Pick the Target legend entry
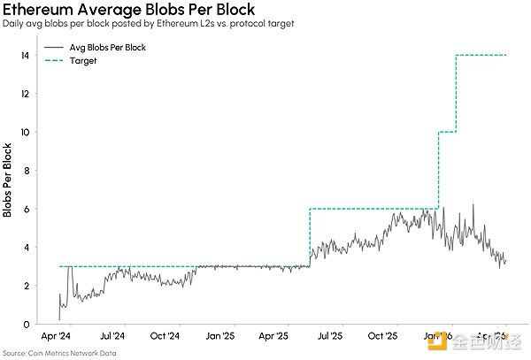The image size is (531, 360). coord(82,61)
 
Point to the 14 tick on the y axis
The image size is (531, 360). coord(28,56)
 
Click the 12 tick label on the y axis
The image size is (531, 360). coord(28,94)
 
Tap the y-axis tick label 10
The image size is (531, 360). coord(28,133)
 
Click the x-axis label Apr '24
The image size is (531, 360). coord(57,337)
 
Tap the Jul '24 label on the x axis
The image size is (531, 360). coord(112,337)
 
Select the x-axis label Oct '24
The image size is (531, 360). coord(165,337)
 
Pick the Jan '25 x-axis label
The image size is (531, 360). coord(219,337)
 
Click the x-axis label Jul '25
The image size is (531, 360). coord(329,337)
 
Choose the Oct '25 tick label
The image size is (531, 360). coord(383,337)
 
